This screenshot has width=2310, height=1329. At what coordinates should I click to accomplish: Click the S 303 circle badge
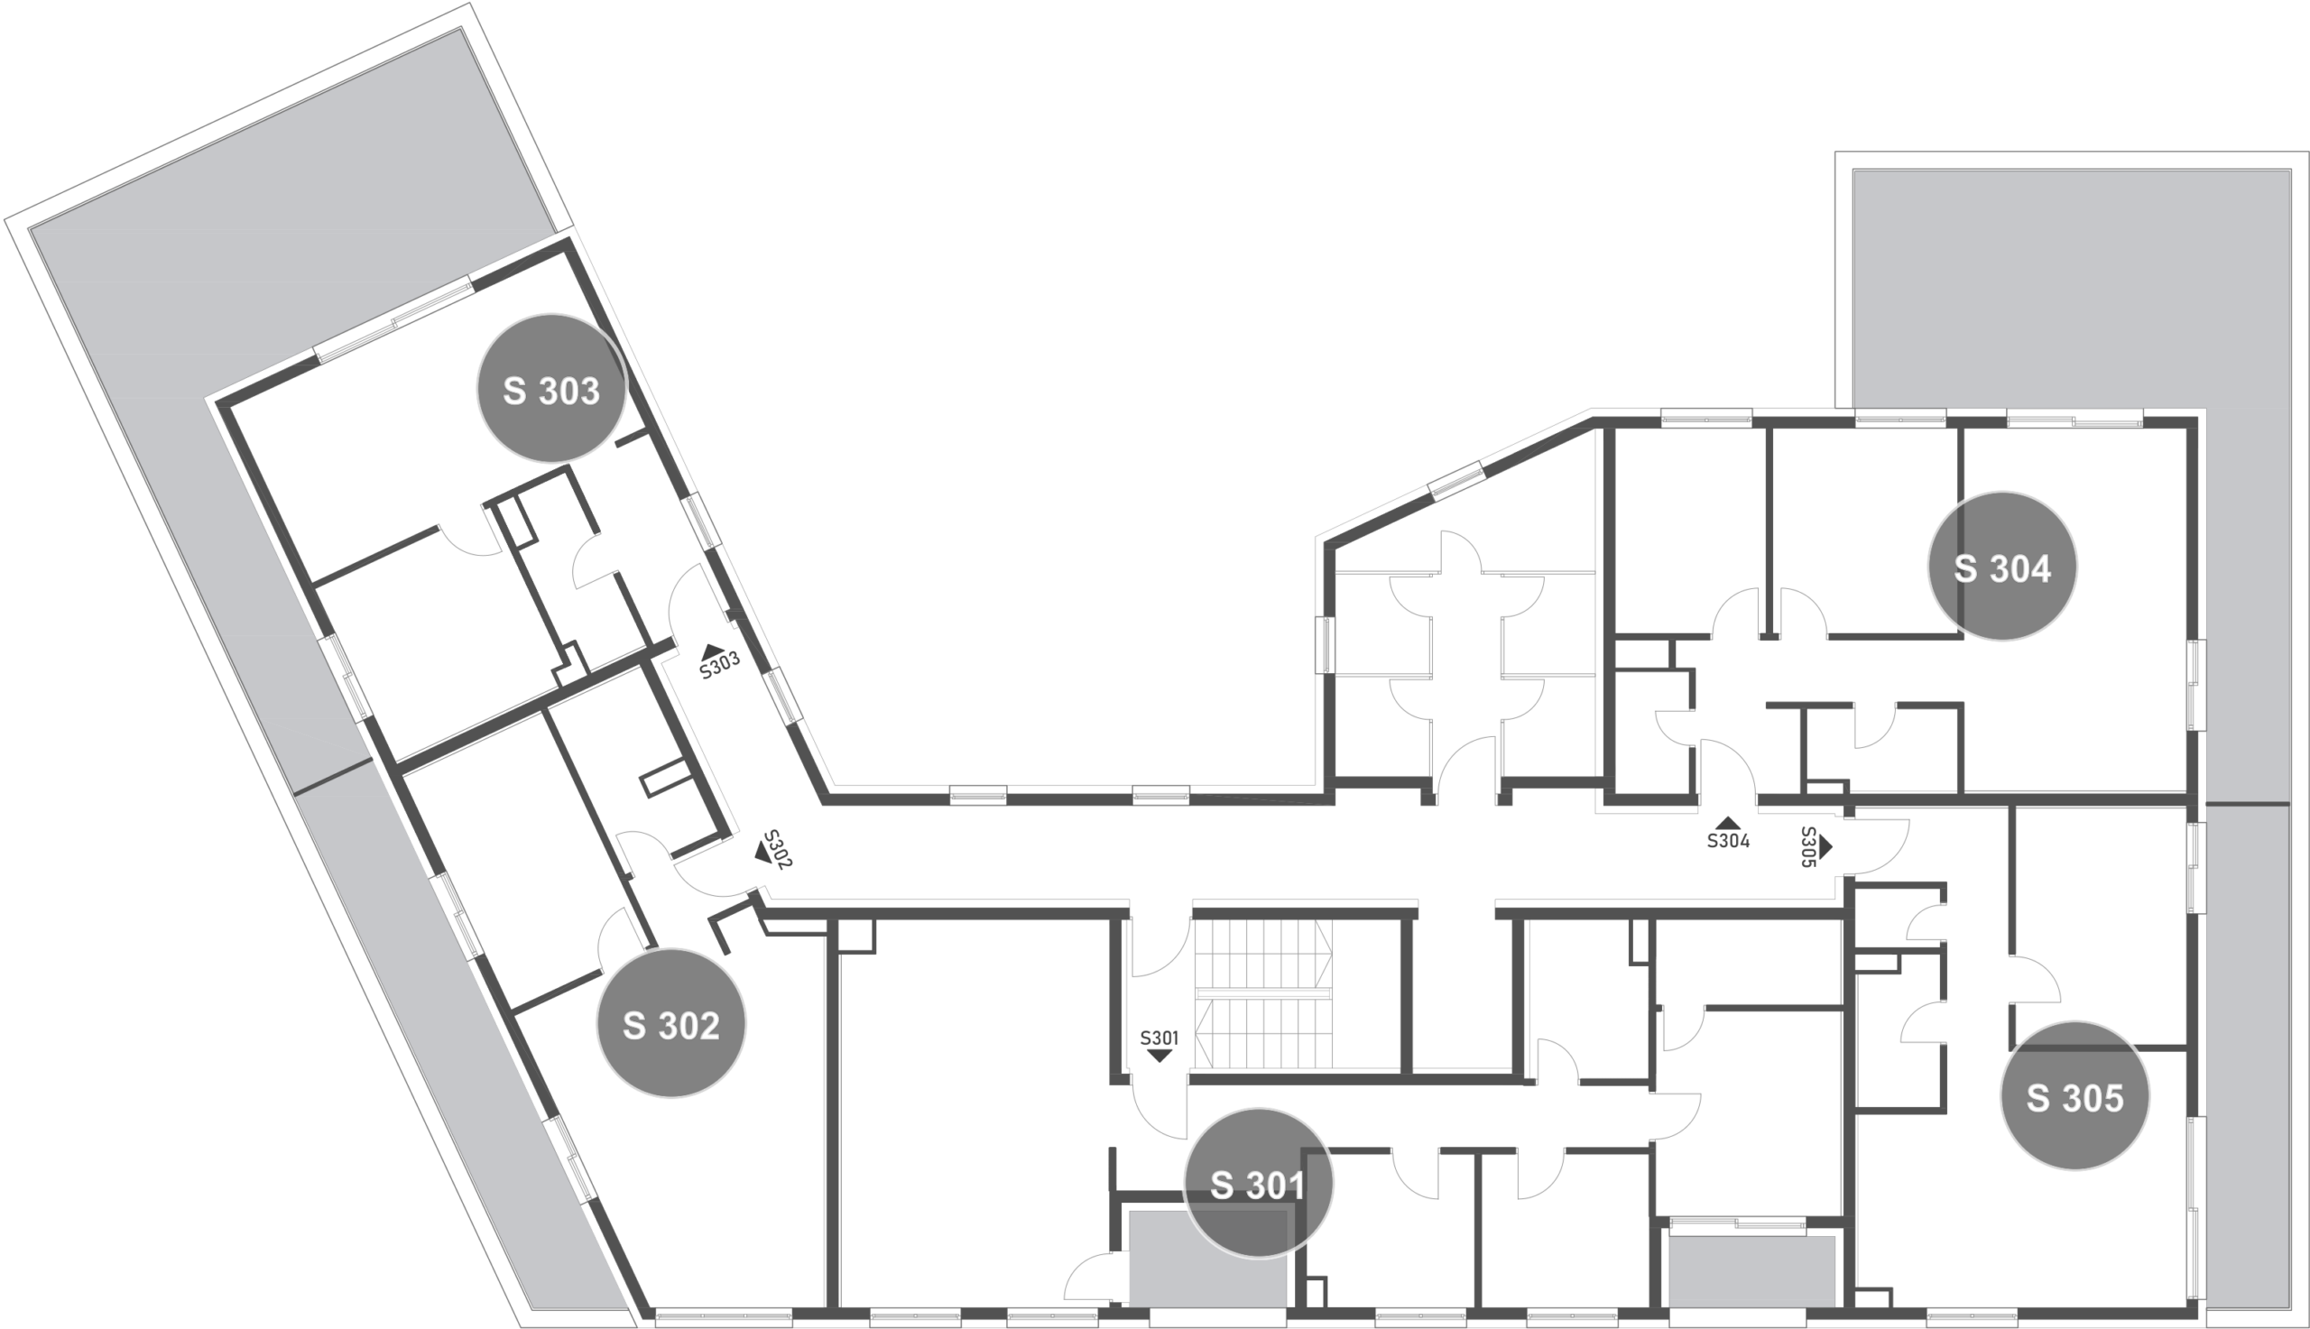(551, 389)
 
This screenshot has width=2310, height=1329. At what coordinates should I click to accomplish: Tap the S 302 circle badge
(670, 1023)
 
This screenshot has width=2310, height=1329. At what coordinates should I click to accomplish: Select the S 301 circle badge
(1258, 1183)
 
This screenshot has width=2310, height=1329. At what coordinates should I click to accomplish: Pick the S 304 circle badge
(2002, 567)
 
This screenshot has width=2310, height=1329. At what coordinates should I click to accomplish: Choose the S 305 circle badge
(2074, 1095)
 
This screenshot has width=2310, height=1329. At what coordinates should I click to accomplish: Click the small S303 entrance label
(720, 664)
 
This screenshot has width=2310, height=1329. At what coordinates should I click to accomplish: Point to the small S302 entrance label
(777, 849)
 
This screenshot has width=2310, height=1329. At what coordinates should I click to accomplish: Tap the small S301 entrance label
(1160, 1038)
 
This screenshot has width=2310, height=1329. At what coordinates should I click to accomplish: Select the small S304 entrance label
(1729, 841)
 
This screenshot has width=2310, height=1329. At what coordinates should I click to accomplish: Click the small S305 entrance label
(1808, 847)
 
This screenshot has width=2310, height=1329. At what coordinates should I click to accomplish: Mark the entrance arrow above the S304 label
(1729, 823)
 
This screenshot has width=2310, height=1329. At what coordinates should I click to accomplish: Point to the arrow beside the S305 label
(1825, 847)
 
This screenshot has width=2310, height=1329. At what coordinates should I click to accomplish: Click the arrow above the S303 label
(713, 651)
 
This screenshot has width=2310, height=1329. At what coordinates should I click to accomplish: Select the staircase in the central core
(1263, 994)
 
